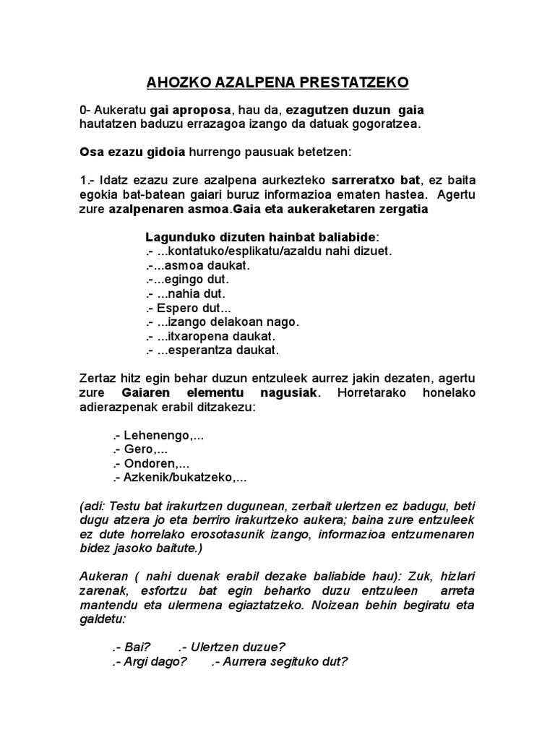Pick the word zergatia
pyautogui.click(x=397, y=209)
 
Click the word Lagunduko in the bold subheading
pyautogui.click(x=178, y=237)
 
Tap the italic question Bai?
pyautogui.click(x=138, y=647)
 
